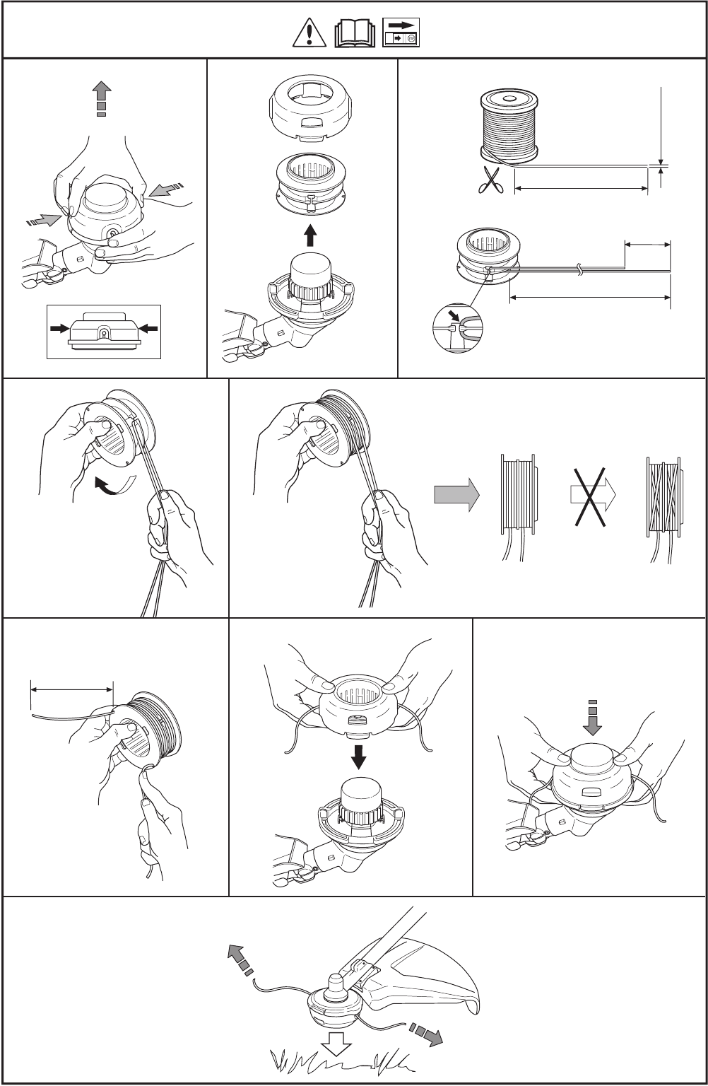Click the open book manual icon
[355, 33]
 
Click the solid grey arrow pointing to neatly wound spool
[456, 496]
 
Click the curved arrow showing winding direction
[113, 486]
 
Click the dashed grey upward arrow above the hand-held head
[102, 98]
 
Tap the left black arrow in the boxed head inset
[59, 329]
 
